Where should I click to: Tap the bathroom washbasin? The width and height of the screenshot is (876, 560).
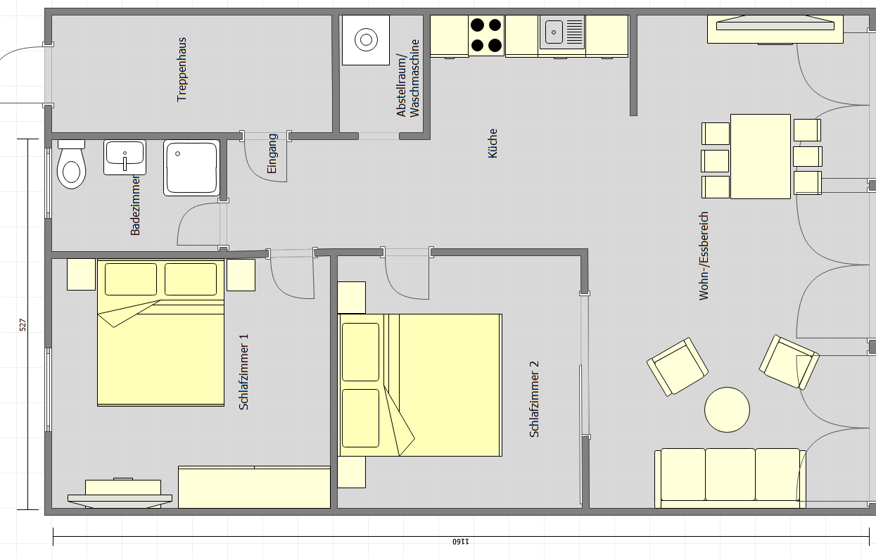125,157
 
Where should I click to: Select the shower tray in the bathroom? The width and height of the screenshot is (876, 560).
191,167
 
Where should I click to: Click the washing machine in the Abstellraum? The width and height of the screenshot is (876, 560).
366,40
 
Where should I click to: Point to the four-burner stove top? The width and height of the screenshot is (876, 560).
486,36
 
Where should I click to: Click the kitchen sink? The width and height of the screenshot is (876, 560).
562,32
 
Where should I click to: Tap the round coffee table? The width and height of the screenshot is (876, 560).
727,410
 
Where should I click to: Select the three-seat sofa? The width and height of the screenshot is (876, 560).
730,478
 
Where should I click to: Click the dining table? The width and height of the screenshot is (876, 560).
761,156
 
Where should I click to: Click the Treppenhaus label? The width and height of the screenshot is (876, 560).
182,70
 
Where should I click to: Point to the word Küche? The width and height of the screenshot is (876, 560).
493,143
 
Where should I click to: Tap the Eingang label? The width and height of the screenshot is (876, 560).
272,153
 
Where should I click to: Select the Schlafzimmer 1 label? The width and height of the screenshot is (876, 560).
243,372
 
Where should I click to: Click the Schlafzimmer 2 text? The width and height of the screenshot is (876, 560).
534,399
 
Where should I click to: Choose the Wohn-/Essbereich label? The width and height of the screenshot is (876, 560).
704,256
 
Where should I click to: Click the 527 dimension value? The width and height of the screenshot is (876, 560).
23,325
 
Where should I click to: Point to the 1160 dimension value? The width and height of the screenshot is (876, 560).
461,542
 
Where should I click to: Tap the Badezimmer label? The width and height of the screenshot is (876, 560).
135,205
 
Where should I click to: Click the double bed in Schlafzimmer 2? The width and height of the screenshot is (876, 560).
419,385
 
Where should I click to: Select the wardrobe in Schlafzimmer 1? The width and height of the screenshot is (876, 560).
254,487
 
